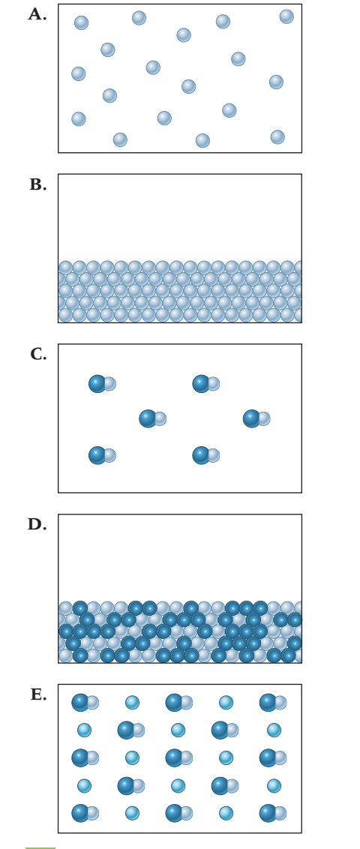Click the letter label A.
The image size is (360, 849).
[37, 14]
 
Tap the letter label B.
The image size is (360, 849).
[38, 184]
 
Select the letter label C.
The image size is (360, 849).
[38, 354]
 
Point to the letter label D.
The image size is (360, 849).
[37, 524]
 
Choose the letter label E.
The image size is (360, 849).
[38, 694]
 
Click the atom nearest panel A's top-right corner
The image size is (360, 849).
[286, 16]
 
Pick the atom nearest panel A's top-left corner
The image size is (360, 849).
[81, 22]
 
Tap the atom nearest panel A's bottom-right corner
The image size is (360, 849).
[277, 137]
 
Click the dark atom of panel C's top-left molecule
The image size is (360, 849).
[97, 383]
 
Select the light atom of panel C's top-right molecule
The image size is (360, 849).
[213, 384]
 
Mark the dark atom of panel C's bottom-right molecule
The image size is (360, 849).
[201, 455]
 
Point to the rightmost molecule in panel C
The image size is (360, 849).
[256, 418]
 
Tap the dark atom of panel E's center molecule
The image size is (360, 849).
[174, 757]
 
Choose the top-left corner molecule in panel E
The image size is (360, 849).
[85, 702]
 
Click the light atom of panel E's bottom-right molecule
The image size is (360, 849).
[280, 813]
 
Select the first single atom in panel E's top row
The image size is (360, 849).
[132, 702]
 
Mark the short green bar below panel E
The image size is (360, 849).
[40, 847]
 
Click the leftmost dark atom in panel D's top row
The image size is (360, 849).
[80, 608]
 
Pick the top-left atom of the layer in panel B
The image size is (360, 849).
[65, 268]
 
